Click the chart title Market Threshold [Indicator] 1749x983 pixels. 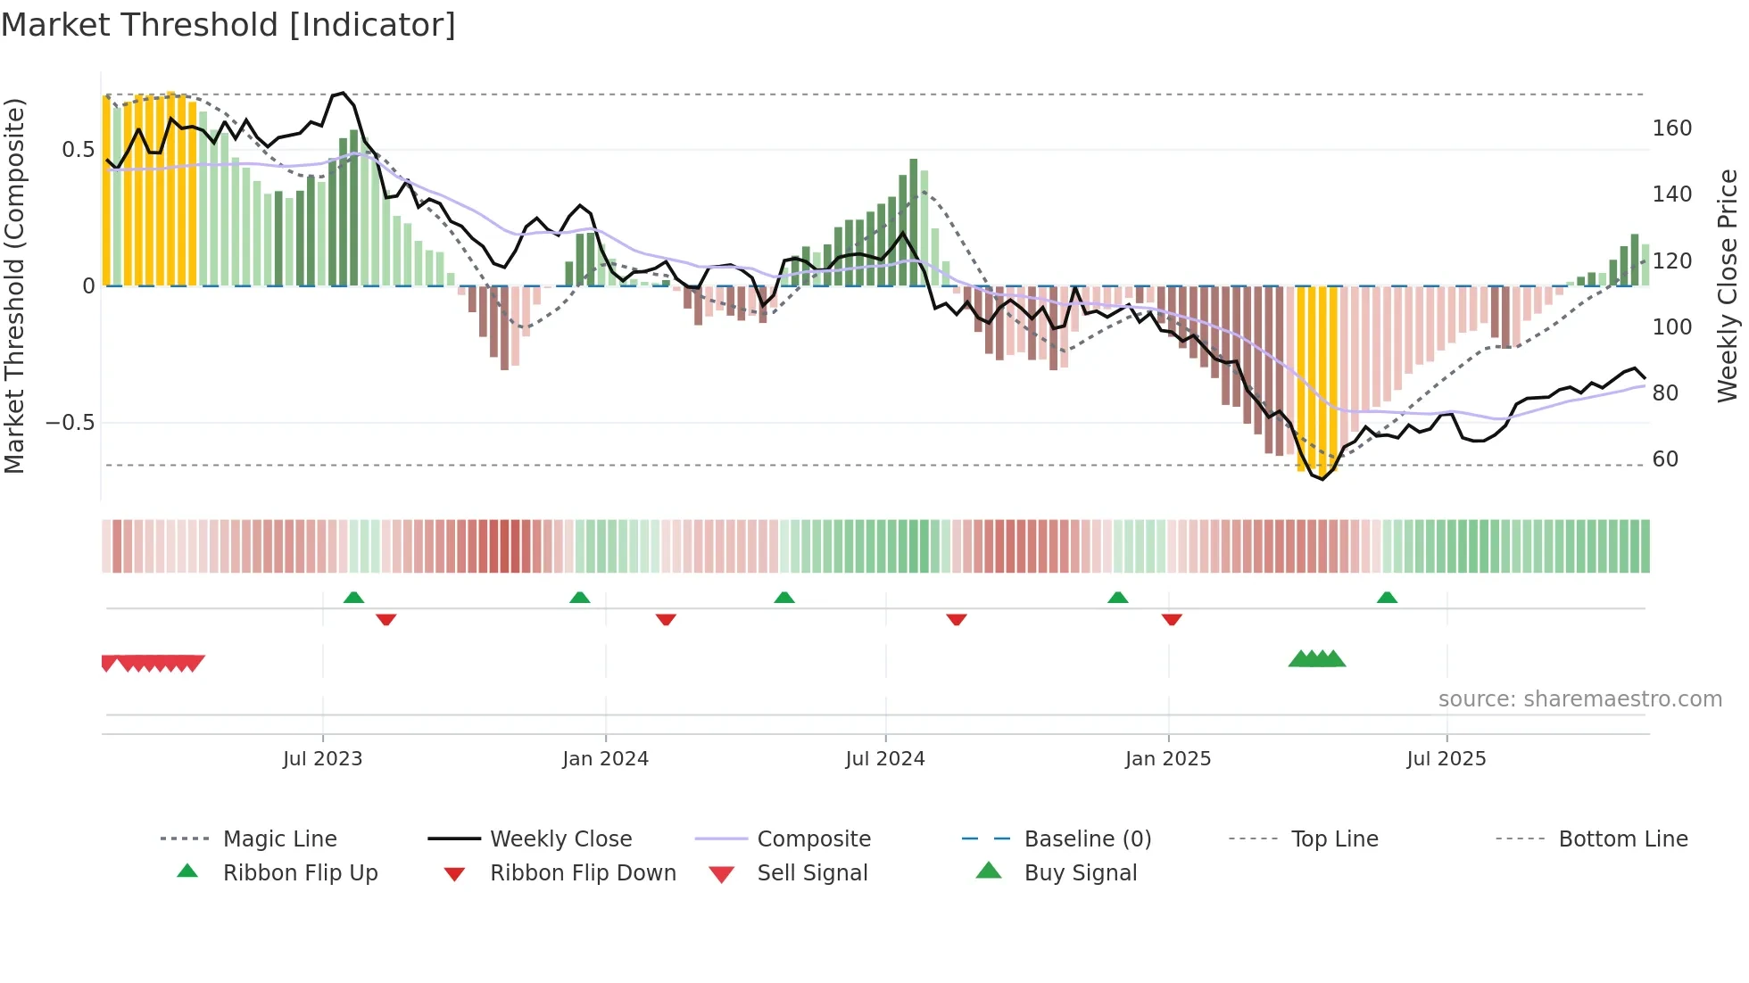coord(228,25)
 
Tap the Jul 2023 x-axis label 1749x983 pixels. coord(322,759)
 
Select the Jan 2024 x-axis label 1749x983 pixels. coord(605,759)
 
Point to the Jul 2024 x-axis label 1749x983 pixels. coord(884,759)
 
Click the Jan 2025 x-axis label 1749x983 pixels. coord(1167,759)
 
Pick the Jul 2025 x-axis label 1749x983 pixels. coord(1446,759)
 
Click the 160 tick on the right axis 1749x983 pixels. coord(1671,128)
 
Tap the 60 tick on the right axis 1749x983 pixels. coord(1665,459)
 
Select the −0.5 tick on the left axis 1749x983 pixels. coord(70,423)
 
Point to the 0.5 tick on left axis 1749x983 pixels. coord(78,150)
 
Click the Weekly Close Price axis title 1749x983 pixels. coord(1728,285)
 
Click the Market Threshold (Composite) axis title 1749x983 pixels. coord(14,285)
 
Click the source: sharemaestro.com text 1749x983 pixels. coord(1579,699)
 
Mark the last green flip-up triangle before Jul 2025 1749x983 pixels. coord(1387,598)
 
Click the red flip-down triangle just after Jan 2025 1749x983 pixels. coord(1172,619)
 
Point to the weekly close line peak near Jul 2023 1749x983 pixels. coord(343,93)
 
